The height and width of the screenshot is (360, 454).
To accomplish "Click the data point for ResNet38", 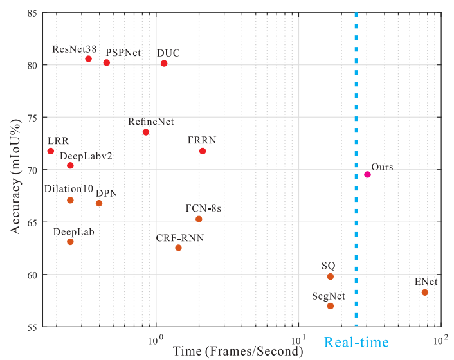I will coord(88,59).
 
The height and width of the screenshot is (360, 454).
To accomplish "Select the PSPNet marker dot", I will coord(107,62).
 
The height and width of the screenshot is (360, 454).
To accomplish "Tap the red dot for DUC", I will coord(164,63).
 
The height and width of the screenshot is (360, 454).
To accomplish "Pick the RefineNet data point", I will coord(146,132).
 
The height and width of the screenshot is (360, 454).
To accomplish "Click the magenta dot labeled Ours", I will coord(367,174).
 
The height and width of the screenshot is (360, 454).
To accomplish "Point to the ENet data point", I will coord(424,292).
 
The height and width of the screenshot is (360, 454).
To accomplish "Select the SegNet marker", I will coord(331,306).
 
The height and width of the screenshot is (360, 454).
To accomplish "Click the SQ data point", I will coord(331,276).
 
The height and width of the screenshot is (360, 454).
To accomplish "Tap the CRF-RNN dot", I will coord(178,248).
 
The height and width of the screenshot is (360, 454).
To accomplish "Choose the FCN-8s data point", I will coord(199,219).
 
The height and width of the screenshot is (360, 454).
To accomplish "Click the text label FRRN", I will coord(202,139).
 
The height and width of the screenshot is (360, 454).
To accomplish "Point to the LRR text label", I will coord(58,140).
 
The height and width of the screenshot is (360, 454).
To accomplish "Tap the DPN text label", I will coord(107,192).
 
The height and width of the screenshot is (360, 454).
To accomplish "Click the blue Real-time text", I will coord(355,343).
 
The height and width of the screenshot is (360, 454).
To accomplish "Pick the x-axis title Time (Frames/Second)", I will coord(238,351).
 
